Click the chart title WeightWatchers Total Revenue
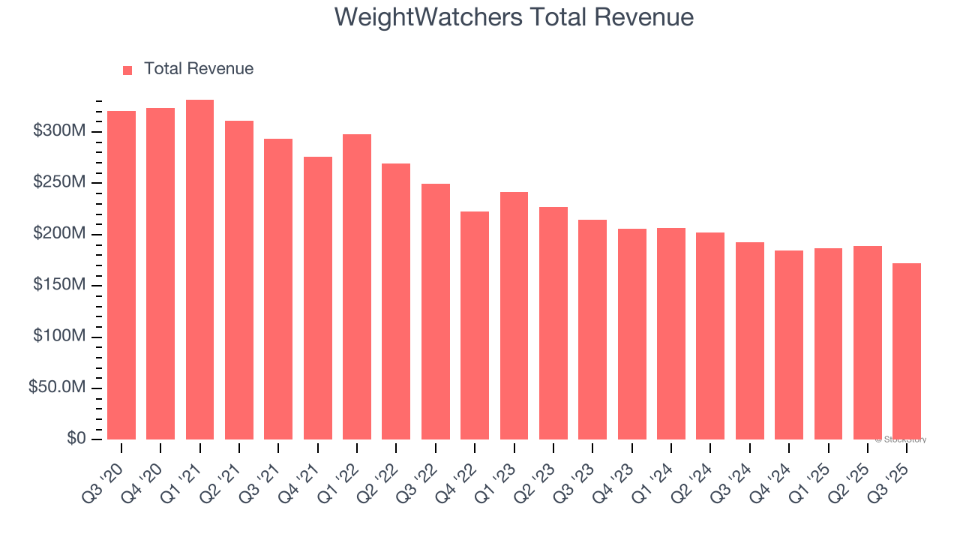(x=514, y=16)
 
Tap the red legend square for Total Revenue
(x=127, y=70)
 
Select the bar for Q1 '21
(x=199, y=270)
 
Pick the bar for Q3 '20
(x=121, y=275)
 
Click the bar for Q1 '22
(x=357, y=286)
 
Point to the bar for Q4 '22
(x=475, y=325)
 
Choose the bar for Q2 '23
(x=553, y=323)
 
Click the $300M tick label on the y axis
(x=59, y=131)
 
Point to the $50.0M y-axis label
(x=57, y=388)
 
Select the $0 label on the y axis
(x=76, y=439)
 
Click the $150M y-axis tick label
(x=59, y=285)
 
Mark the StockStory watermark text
(x=901, y=440)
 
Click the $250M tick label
(x=59, y=183)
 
